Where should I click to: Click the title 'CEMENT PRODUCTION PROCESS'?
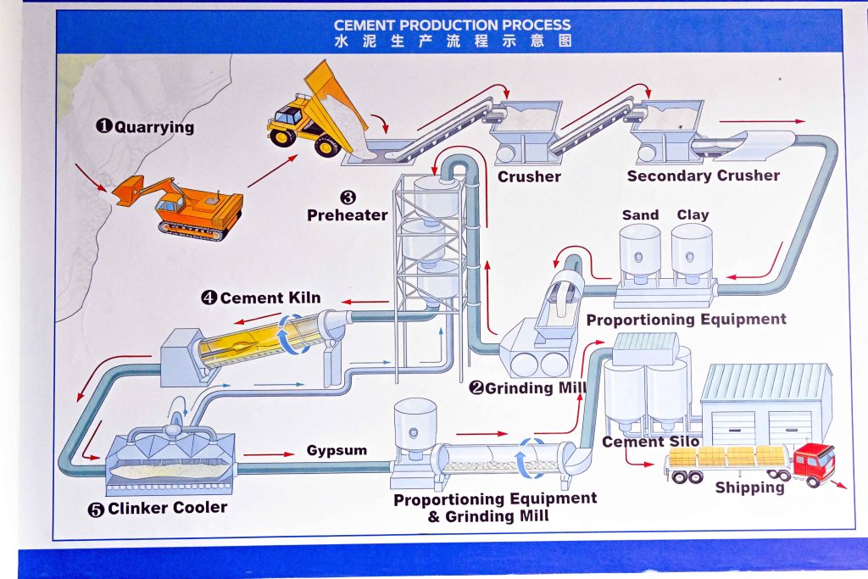(452, 25)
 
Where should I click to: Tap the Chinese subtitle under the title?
(452, 41)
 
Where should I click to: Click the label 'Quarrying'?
(153, 127)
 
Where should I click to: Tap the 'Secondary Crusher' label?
(703, 175)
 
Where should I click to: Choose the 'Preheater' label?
(347, 215)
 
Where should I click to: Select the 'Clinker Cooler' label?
(167, 508)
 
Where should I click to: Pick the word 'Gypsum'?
(337, 449)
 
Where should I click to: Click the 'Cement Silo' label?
(651, 442)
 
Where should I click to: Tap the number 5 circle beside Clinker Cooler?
(96, 509)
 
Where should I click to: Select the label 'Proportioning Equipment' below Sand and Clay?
(686, 320)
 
